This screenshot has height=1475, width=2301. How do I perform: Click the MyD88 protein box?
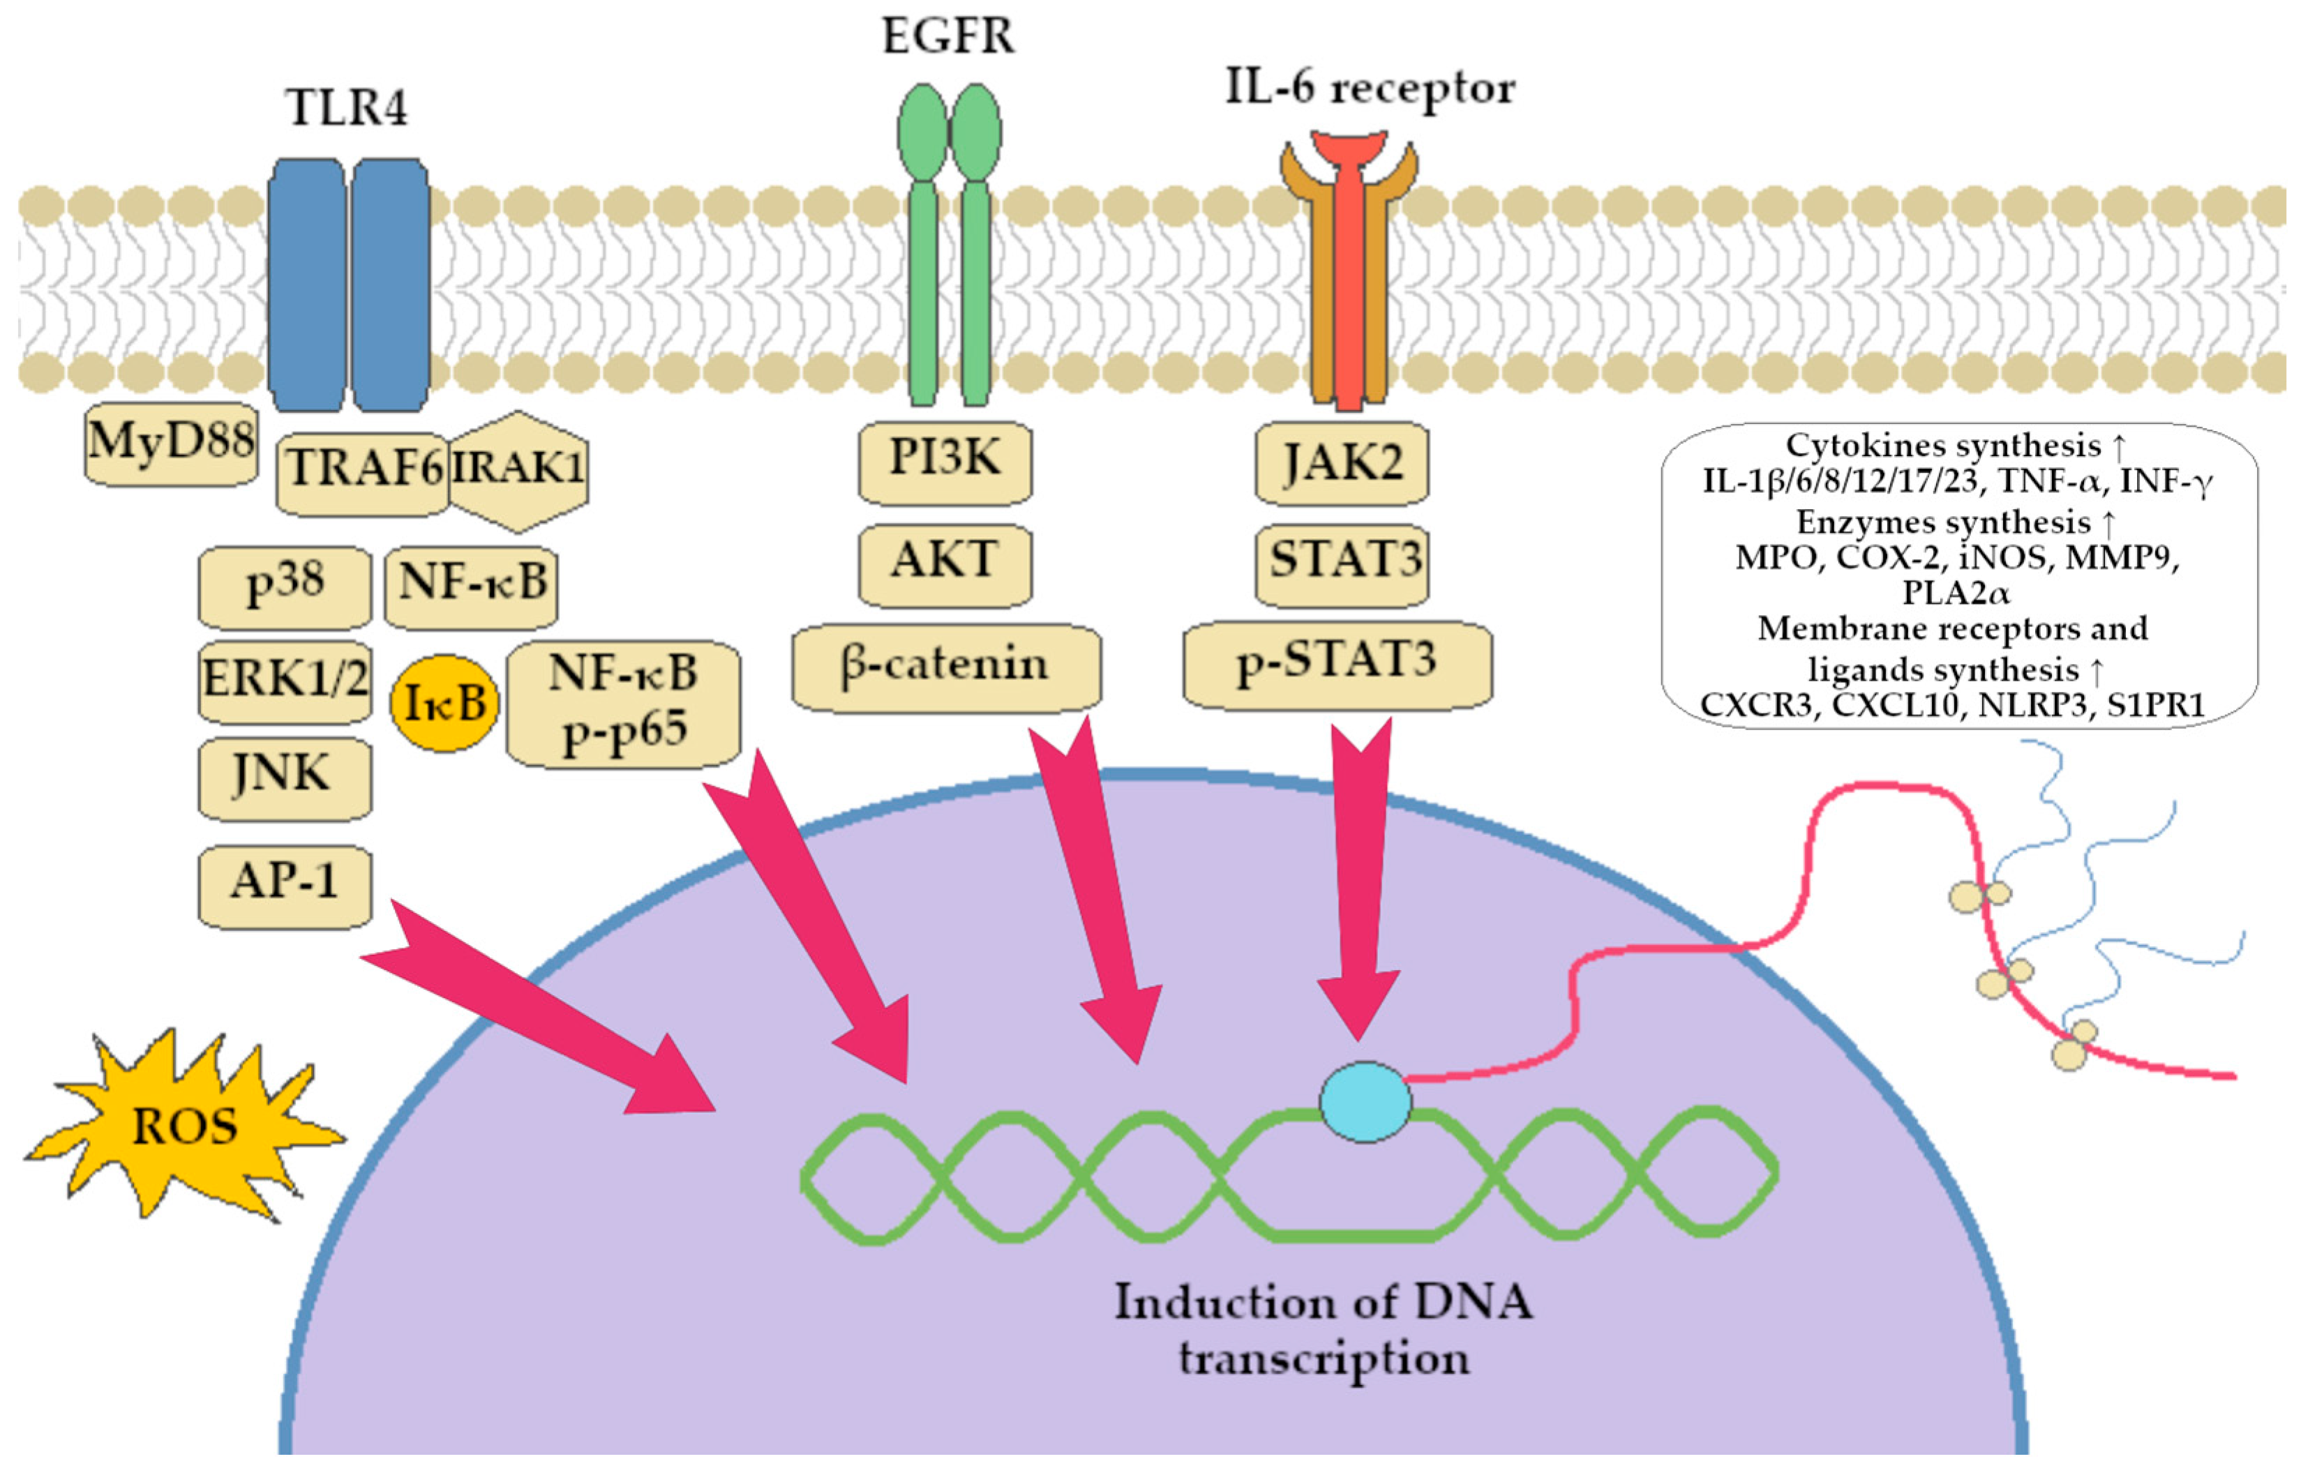(172, 444)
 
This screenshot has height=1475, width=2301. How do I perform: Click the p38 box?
(285, 587)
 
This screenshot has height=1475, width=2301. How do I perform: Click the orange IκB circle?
(444, 703)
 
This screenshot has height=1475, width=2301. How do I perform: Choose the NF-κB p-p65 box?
(624, 704)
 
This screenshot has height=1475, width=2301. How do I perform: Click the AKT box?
(945, 565)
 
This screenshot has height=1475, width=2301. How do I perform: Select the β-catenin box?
(947, 667)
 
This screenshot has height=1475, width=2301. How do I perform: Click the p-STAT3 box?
(1337, 665)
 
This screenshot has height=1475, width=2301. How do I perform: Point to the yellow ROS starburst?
(184, 1124)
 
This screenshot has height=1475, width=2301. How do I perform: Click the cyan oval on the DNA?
(1365, 1101)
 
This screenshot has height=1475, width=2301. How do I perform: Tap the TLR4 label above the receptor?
(347, 107)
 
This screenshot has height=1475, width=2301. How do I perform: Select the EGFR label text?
(948, 36)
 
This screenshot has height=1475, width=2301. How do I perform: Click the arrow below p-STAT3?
(1359, 879)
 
